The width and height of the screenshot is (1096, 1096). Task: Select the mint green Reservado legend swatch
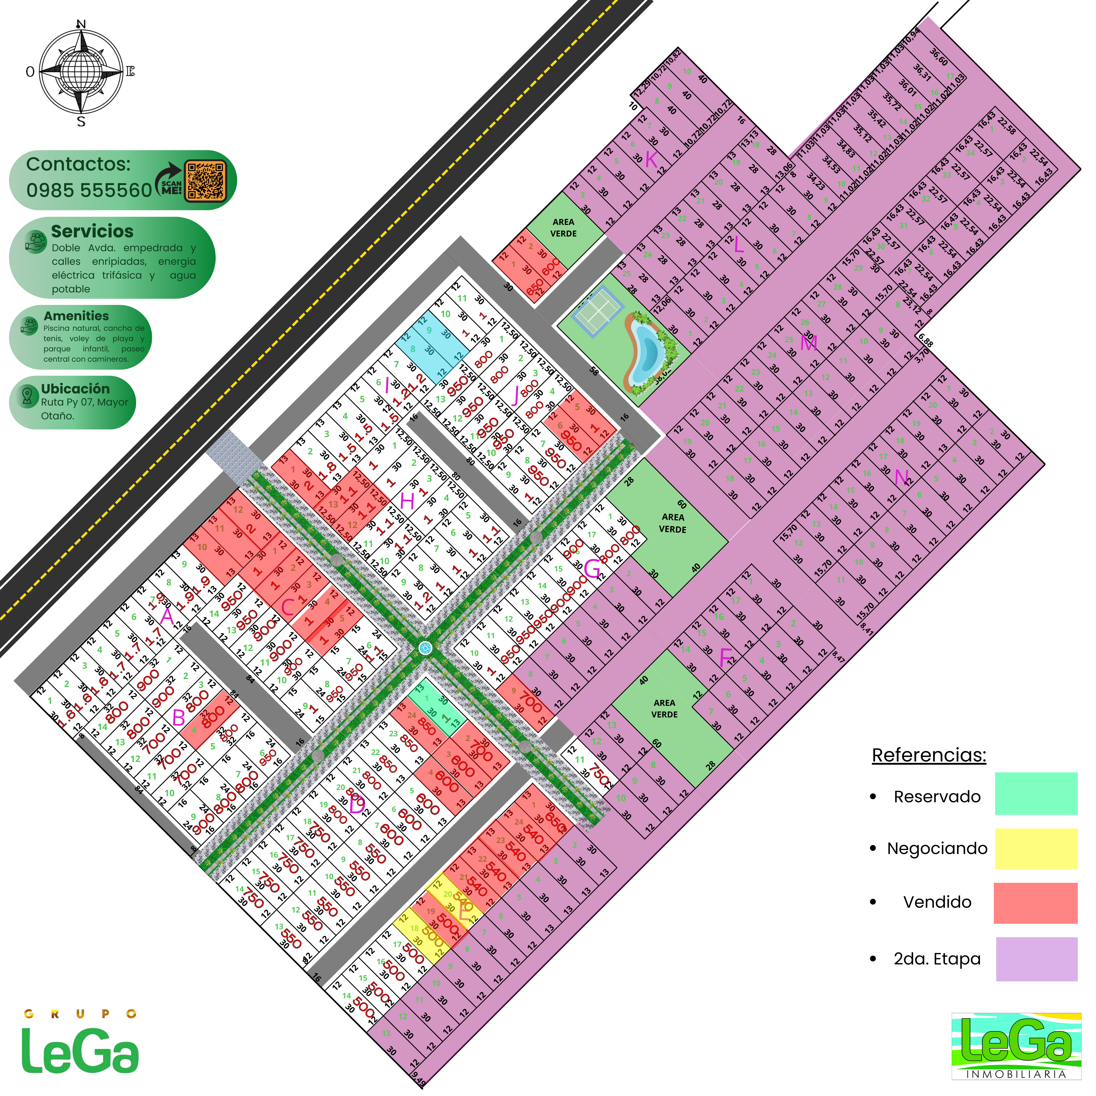tap(1036, 794)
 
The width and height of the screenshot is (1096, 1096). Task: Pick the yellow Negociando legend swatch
tap(1036, 849)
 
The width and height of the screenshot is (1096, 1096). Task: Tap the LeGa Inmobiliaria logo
tap(1016, 1046)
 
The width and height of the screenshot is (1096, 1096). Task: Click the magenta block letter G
tap(592, 568)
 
